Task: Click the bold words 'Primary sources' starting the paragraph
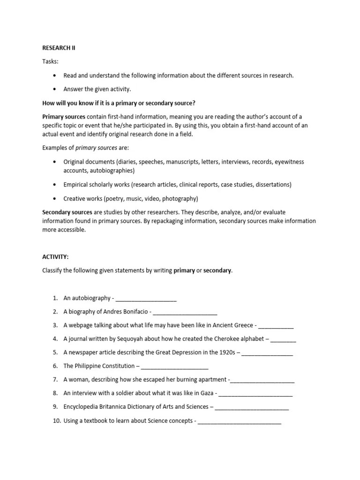point(64,116)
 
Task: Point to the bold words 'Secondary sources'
point(67,212)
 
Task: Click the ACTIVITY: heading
point(55,257)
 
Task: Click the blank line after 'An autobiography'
point(146,298)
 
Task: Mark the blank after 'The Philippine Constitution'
point(174,366)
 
